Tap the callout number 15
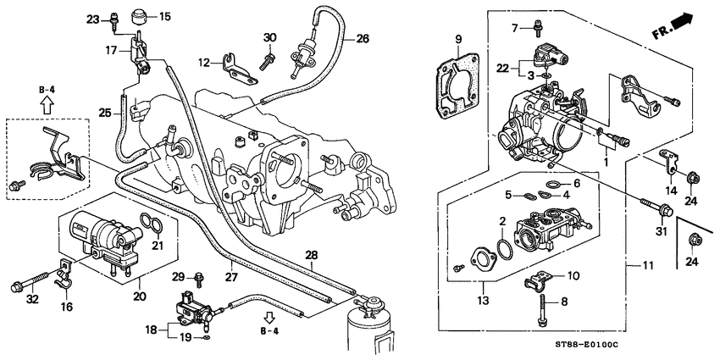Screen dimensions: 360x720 pos(164,16)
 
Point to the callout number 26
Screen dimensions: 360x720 pos(363,39)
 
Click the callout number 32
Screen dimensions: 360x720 pos(33,299)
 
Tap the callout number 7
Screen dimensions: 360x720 pos(513,29)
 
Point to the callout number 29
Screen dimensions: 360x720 pos(177,277)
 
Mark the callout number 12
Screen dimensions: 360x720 pos(204,63)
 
